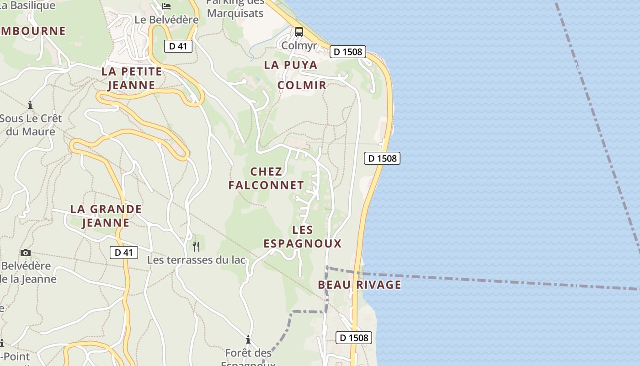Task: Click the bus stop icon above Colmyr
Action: point(299,32)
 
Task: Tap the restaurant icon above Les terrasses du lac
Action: point(196,247)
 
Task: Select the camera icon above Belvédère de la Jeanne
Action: point(26,253)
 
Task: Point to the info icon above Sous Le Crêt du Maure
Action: point(30,105)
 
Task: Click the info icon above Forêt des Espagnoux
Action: point(248,339)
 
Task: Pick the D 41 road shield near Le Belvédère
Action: point(178,46)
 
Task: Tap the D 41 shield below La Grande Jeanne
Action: point(123,252)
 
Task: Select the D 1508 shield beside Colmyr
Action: point(347,52)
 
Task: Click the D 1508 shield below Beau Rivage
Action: point(354,338)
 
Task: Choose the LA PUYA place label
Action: point(291,65)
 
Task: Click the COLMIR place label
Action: point(302,85)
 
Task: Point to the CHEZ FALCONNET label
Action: point(266,178)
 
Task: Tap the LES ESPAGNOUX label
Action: point(302,237)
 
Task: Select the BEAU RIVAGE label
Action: point(359,285)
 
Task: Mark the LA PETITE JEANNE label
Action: point(132,78)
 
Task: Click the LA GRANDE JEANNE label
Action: point(106,215)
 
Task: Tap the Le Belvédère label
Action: point(166,20)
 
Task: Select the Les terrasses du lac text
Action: point(196,260)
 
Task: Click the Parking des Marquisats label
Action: point(235,8)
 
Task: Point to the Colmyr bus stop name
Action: point(299,45)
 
